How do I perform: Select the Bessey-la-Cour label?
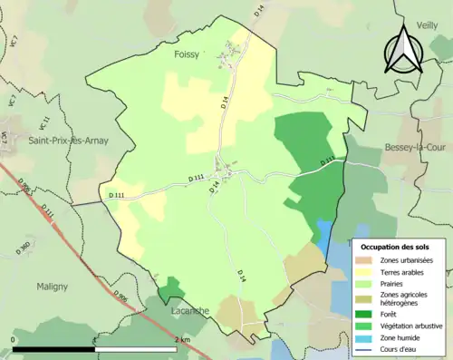(x=411, y=147)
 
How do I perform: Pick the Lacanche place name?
(x=189, y=311)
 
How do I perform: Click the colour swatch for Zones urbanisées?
(x=367, y=260)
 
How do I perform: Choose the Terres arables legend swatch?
(x=367, y=272)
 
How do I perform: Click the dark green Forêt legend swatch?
(x=367, y=315)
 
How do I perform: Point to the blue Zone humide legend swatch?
(x=367, y=338)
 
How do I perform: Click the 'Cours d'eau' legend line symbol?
(x=367, y=350)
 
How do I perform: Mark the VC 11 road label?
(x=42, y=115)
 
